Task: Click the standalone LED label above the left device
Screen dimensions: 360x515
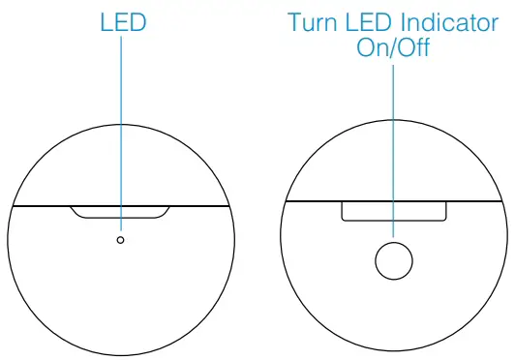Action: pos(120,21)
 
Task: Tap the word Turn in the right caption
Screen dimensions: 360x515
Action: pos(313,22)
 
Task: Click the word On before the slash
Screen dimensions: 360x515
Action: pos(372,48)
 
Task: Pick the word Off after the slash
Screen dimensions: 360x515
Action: pos(413,48)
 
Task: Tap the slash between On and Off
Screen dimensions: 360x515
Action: pos(392,48)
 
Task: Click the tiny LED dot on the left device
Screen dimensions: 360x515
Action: pos(120,239)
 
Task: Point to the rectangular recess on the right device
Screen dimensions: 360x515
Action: pos(393,211)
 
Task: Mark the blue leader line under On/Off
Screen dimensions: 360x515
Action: pos(393,145)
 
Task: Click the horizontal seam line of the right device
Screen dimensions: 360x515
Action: pos(310,200)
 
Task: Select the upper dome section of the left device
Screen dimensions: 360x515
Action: pos(120,165)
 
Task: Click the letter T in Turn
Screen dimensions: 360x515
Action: pos(293,22)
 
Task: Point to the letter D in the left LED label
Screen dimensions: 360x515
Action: pos(135,21)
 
